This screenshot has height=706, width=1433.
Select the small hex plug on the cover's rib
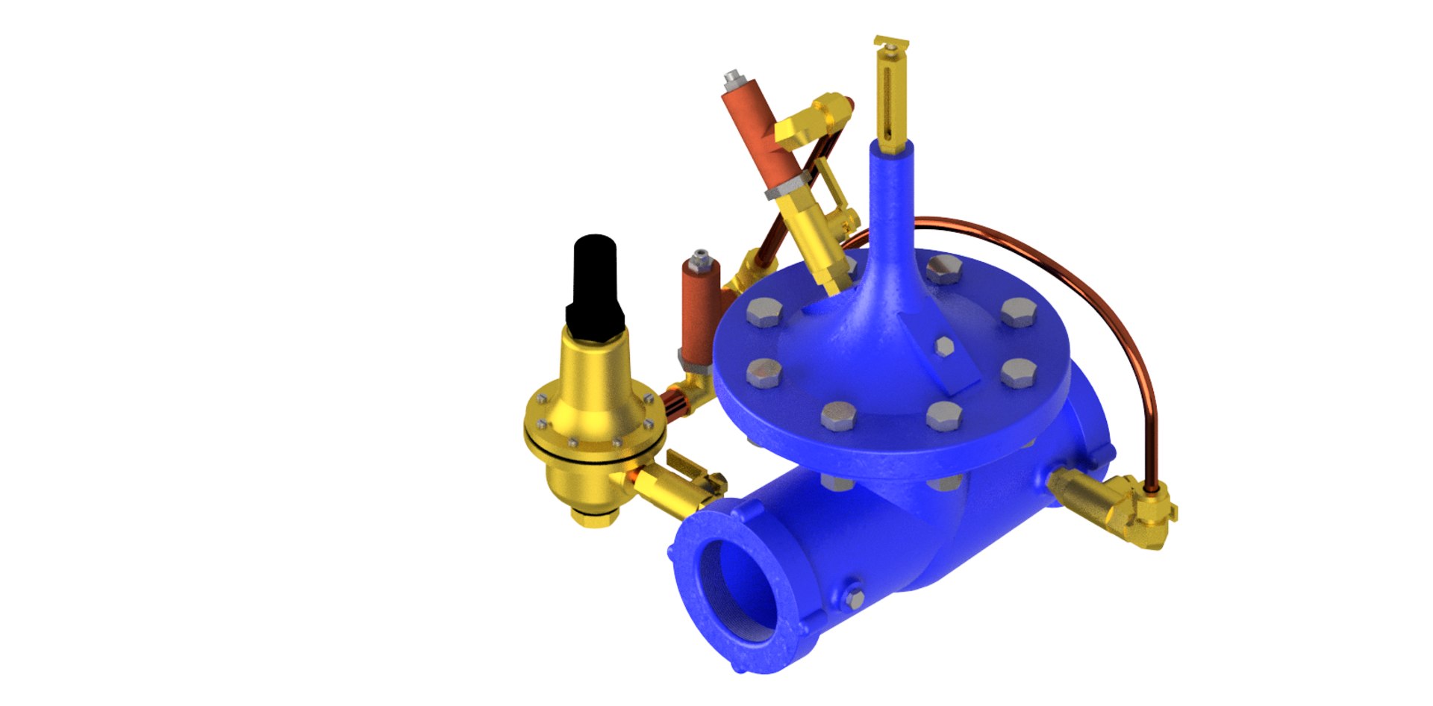[x=944, y=346]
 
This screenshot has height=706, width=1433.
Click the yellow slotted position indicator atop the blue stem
[x=891, y=97]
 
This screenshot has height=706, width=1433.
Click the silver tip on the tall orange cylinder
[x=733, y=76]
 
